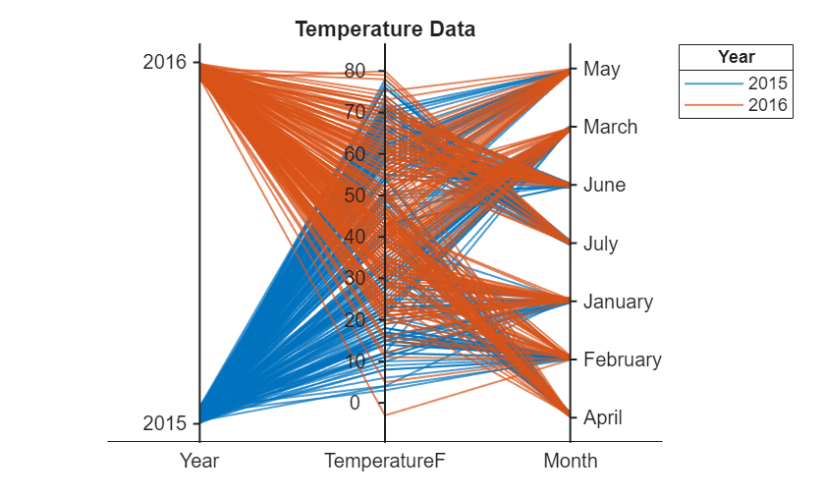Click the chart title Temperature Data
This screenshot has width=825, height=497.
pos(385,29)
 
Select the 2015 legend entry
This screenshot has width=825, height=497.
pos(768,83)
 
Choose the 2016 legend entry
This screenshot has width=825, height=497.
pos(768,105)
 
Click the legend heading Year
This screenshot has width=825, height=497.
pos(736,57)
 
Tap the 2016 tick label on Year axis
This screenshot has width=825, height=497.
pos(164,62)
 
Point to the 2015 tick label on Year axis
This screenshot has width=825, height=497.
pos(164,423)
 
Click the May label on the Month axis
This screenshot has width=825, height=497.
pos(601,69)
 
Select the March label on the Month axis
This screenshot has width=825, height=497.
pos(610,127)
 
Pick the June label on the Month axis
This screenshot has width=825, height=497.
pos(604,185)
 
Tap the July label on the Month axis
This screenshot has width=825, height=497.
pos(600,243)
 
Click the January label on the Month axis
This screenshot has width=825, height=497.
pos(618,302)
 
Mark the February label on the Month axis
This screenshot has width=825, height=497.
pos(622,359)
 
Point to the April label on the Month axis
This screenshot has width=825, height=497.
pos(602,417)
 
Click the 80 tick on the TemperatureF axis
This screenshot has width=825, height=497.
pos(355,71)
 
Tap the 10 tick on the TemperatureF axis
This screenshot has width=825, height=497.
pos(355,360)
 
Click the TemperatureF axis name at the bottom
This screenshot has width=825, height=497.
pos(384,461)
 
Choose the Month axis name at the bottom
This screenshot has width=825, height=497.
pos(570,461)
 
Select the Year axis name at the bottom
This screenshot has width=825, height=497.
pos(199,461)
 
